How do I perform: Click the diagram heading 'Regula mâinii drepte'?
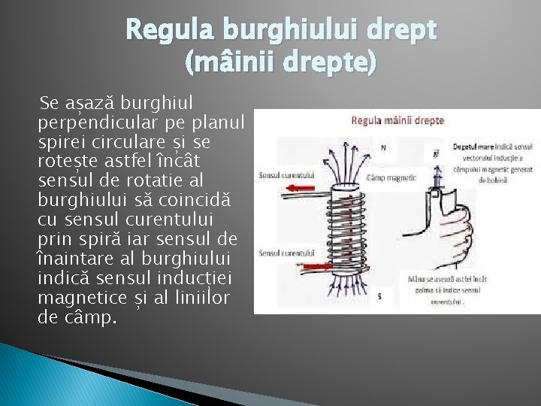(x=397, y=120)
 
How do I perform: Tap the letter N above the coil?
(x=384, y=147)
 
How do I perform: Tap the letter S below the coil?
(x=379, y=296)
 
